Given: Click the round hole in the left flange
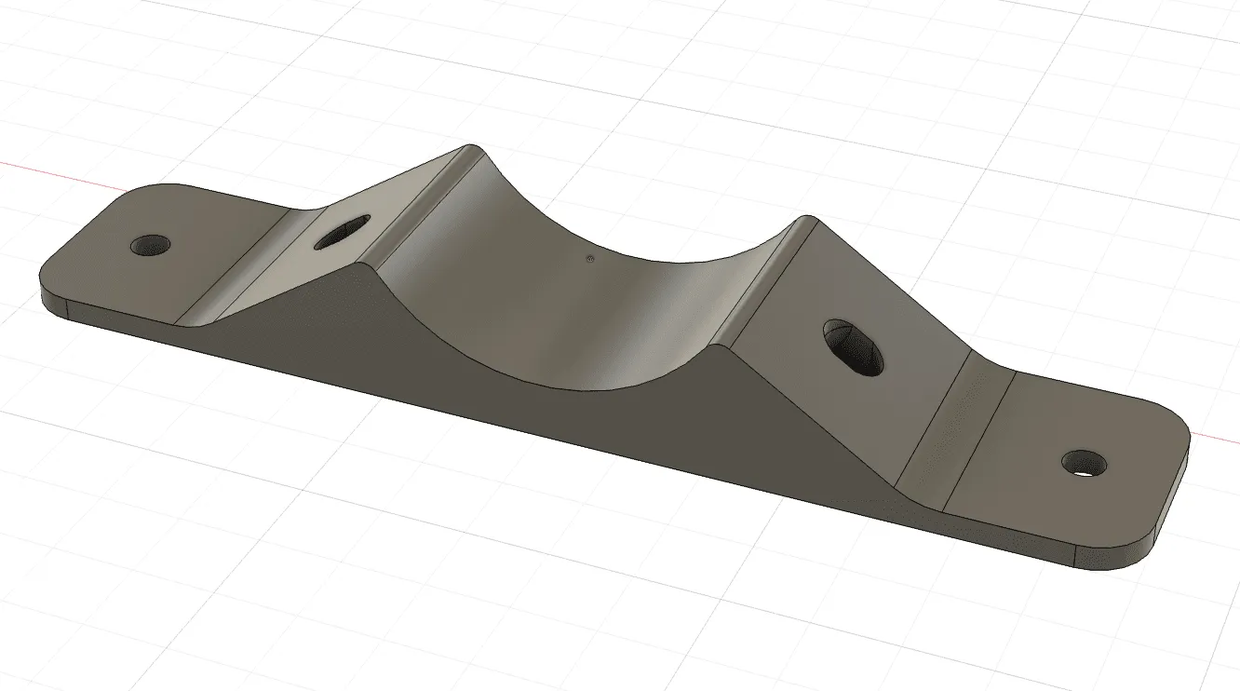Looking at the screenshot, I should [x=151, y=245].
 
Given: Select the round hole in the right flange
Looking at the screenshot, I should [x=1082, y=461].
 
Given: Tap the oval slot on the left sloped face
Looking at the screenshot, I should [x=342, y=233].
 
